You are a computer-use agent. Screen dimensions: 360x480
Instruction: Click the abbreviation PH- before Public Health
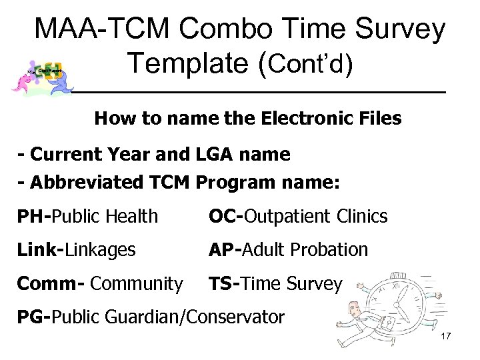(x=34, y=215)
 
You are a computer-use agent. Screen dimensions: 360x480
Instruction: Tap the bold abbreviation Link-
(x=39, y=250)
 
